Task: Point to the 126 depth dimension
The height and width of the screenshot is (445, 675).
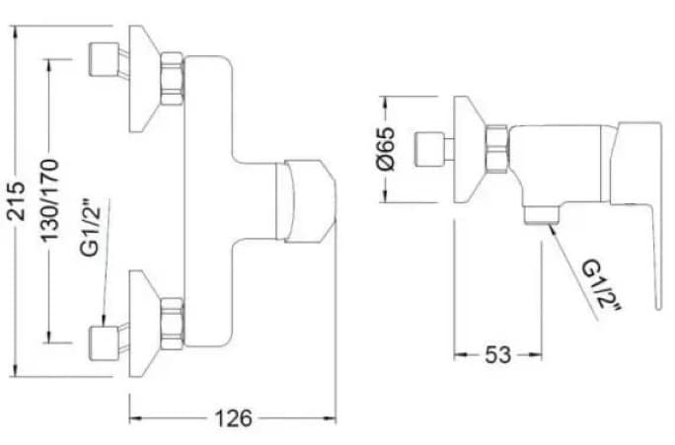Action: tap(234, 417)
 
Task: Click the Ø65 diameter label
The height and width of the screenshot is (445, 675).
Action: tap(386, 149)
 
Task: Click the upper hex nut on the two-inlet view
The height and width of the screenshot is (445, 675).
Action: tap(173, 80)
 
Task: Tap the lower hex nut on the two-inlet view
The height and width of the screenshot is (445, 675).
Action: tap(173, 323)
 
